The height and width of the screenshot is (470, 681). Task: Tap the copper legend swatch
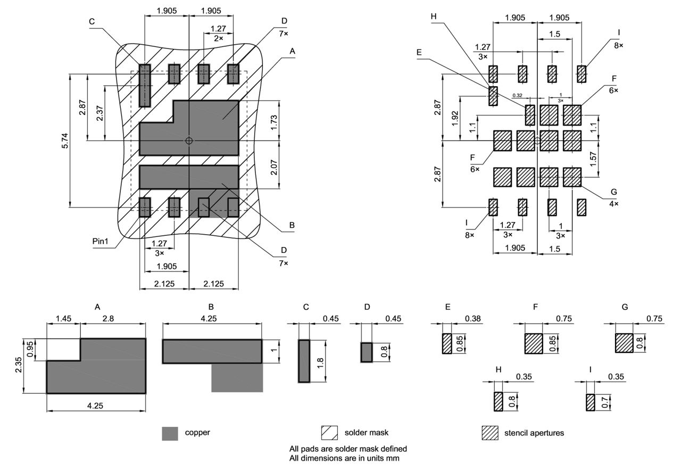click(170, 433)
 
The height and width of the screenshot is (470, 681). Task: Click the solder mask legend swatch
click(329, 433)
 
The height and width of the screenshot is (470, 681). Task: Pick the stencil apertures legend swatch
click(489, 433)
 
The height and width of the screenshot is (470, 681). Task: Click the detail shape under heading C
click(304, 360)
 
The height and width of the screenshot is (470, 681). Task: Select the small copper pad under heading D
click(367, 352)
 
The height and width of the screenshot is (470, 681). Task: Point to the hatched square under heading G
click(624, 343)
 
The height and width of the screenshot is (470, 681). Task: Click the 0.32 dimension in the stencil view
click(517, 95)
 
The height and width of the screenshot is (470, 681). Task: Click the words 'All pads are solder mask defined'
click(348, 449)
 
